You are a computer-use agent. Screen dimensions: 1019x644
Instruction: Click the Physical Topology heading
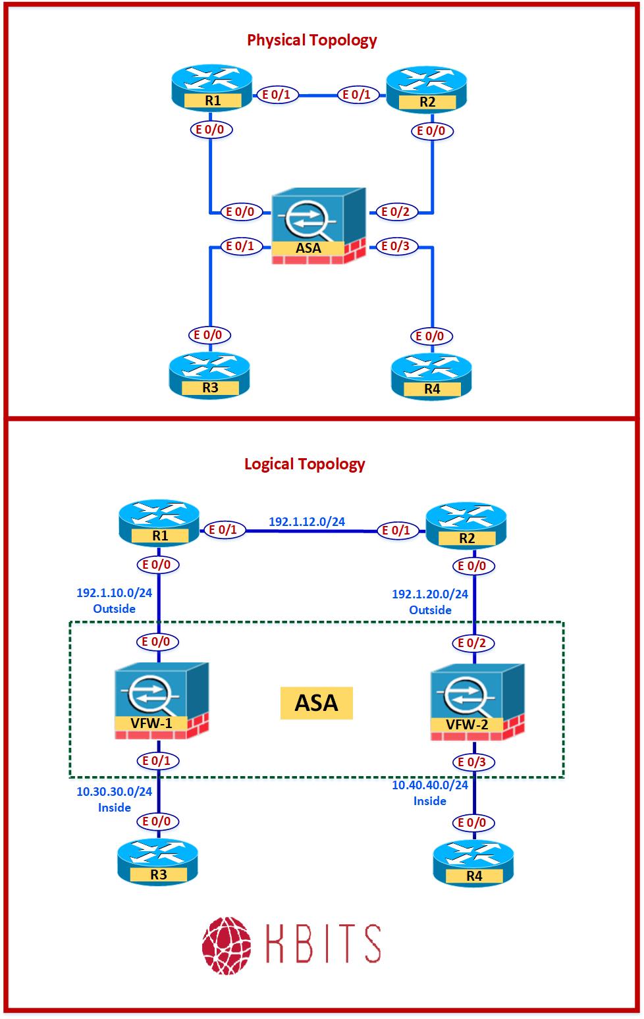coord(311,40)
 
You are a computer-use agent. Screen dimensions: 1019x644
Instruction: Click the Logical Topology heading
coord(304,464)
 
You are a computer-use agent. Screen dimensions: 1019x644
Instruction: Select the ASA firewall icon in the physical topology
coord(319,226)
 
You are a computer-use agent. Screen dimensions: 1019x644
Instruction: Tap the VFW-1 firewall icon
coord(161,702)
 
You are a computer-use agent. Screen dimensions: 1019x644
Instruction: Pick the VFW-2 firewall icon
coord(477,704)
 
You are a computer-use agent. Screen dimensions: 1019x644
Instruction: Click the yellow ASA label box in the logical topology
coord(317,703)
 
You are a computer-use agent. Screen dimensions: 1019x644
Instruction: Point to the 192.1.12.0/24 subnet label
coord(307,522)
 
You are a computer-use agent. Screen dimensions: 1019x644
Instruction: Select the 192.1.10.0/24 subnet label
coord(115,593)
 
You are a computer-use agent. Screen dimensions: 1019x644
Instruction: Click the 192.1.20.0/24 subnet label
coord(430,594)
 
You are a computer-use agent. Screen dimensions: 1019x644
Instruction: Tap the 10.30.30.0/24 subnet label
coord(115,792)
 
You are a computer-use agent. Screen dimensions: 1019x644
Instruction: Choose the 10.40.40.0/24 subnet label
coord(430,785)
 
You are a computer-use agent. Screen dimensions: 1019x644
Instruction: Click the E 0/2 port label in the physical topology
coord(395,212)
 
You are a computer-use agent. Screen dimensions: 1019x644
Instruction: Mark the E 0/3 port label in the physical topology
coord(395,247)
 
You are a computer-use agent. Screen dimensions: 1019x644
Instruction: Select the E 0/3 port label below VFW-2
coord(472,762)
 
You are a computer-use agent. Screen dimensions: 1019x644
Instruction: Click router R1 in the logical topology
coord(159,525)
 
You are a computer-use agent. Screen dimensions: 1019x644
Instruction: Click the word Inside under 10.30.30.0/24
coord(115,808)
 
